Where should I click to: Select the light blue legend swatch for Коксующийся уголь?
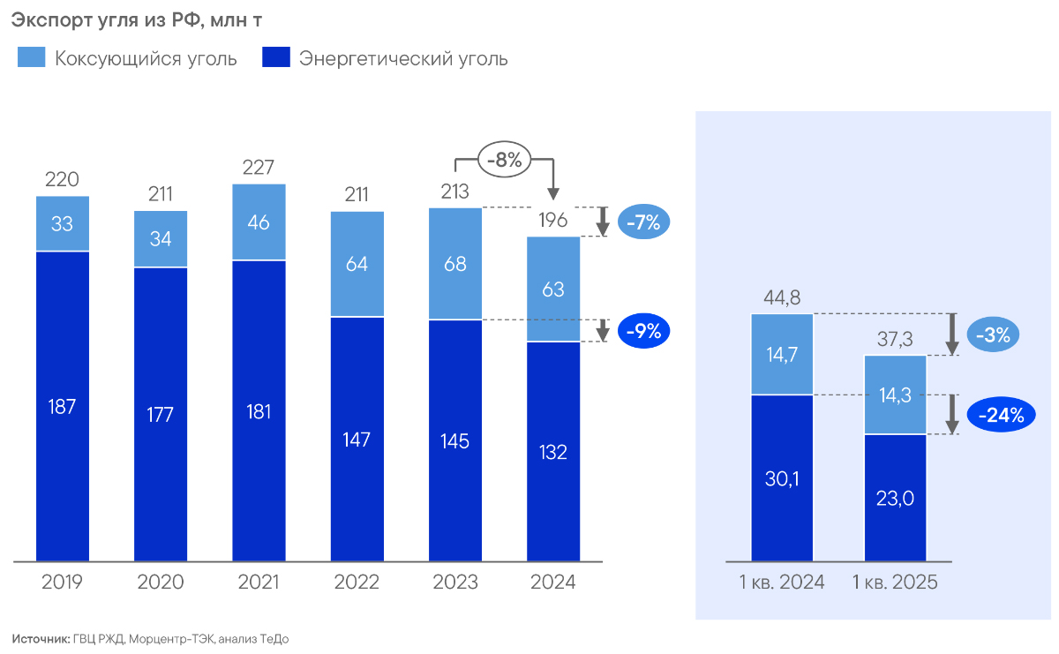[31, 58]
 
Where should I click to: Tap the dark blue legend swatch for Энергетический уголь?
[276, 58]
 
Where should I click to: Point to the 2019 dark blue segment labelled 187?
[63, 406]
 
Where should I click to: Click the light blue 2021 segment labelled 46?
[259, 222]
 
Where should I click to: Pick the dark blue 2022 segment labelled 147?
[357, 439]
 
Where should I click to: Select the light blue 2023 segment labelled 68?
[454, 264]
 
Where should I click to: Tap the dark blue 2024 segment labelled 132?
[553, 451]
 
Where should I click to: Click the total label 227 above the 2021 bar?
[259, 167]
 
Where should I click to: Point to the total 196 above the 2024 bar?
[553, 221]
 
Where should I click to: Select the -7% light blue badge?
[643, 222]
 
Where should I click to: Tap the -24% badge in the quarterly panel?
[1000, 415]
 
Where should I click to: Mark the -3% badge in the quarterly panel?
[995, 335]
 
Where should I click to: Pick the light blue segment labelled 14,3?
[895, 395]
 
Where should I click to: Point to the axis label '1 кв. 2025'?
[895, 583]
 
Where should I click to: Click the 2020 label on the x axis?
[161, 583]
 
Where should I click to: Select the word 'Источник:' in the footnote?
[41, 638]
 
